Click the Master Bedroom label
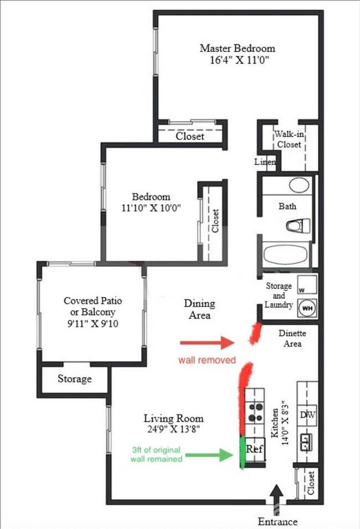(x=237, y=48)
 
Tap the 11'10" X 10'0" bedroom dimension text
(x=151, y=208)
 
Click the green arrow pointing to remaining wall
(x=210, y=455)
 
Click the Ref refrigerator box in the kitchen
(x=254, y=449)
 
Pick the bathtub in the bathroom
(x=286, y=256)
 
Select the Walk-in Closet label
(x=289, y=139)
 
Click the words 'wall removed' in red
(x=207, y=360)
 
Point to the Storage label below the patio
(x=75, y=379)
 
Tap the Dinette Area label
(x=292, y=339)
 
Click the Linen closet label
(x=265, y=162)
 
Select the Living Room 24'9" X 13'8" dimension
(x=173, y=428)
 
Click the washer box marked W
(x=305, y=285)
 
